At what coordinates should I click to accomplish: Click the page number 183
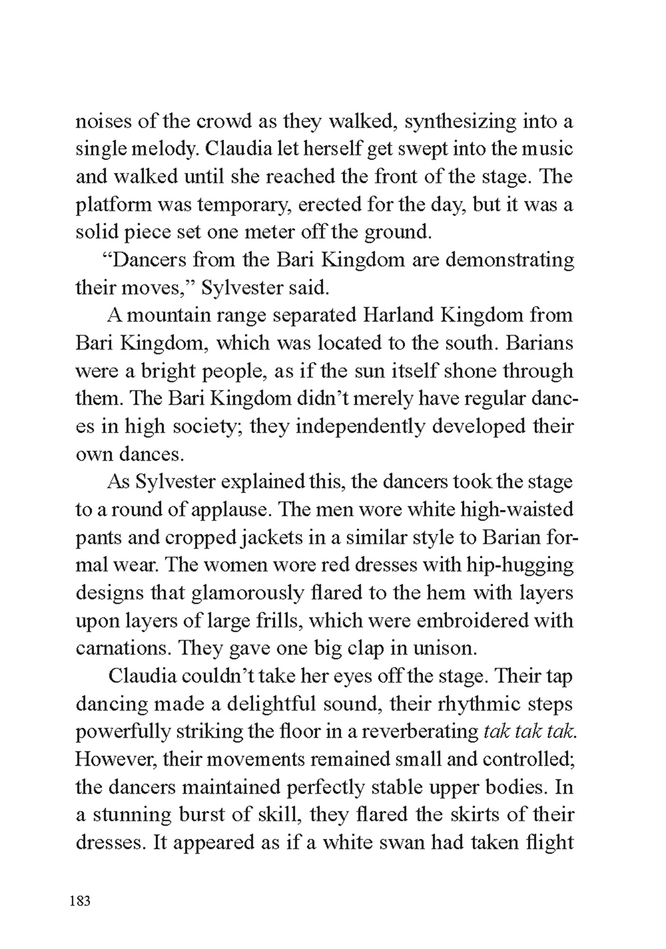click(x=80, y=900)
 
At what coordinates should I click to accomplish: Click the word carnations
click(x=122, y=648)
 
